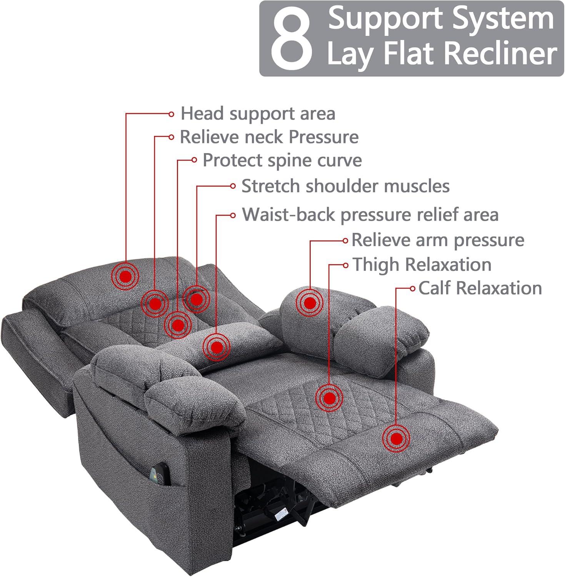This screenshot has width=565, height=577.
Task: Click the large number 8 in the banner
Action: pyautogui.click(x=291, y=38)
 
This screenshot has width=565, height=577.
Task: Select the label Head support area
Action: pyautogui.click(x=258, y=113)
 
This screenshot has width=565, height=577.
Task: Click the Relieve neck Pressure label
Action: pyautogui.click(x=269, y=137)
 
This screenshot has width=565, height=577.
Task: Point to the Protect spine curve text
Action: pyautogui.click(x=282, y=160)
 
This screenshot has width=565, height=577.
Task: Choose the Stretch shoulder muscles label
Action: pyautogui.click(x=345, y=186)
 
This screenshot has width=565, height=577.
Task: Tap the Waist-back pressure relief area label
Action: pyautogui.click(x=370, y=214)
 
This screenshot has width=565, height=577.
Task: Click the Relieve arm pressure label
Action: pyautogui.click(x=438, y=240)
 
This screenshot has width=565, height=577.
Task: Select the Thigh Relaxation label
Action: pyautogui.click(x=422, y=265)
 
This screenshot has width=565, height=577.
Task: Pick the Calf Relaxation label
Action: pyautogui.click(x=480, y=288)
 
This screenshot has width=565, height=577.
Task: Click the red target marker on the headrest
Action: pyautogui.click(x=125, y=276)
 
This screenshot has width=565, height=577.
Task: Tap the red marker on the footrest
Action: pyautogui.click(x=396, y=439)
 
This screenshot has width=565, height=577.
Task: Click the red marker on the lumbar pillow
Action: pyautogui.click(x=217, y=347)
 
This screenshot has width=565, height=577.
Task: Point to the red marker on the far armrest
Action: pyautogui.click(x=310, y=303)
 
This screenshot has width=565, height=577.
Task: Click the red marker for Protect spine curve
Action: pyautogui.click(x=178, y=325)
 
